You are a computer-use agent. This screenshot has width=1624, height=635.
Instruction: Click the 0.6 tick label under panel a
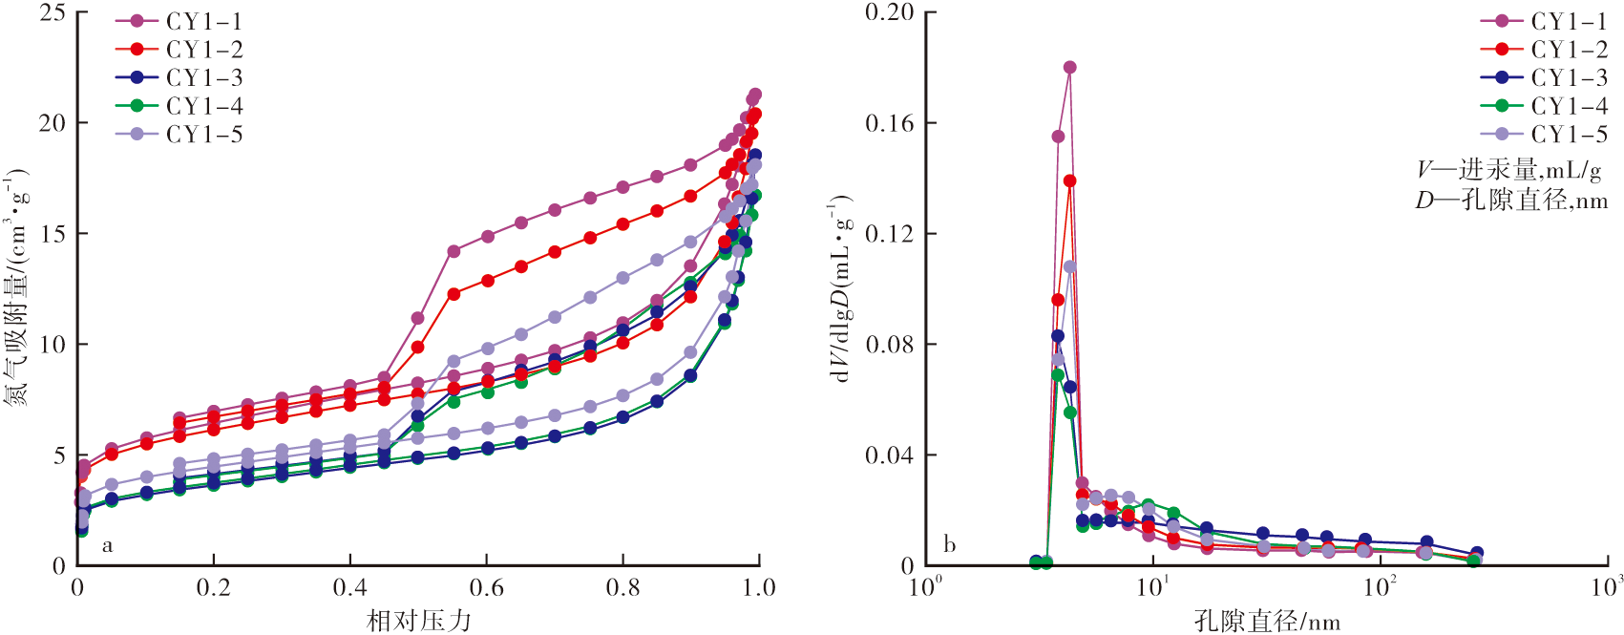click(486, 587)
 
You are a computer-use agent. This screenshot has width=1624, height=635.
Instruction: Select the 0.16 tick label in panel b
click(889, 123)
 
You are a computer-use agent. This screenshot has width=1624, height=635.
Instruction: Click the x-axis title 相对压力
click(419, 621)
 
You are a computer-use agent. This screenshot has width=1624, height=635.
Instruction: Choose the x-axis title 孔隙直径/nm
click(1267, 622)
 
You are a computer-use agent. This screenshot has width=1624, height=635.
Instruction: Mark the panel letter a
click(107, 545)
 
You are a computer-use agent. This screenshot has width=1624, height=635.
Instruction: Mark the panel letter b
click(949, 544)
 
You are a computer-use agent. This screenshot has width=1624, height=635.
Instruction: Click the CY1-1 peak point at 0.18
click(1069, 68)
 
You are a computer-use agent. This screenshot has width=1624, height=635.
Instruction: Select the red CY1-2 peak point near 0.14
click(1069, 181)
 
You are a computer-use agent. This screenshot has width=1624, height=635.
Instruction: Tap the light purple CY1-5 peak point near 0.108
click(1069, 267)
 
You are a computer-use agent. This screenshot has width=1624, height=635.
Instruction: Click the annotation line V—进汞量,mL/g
click(1508, 170)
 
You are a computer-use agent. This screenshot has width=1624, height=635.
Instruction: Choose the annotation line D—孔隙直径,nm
click(1510, 200)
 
